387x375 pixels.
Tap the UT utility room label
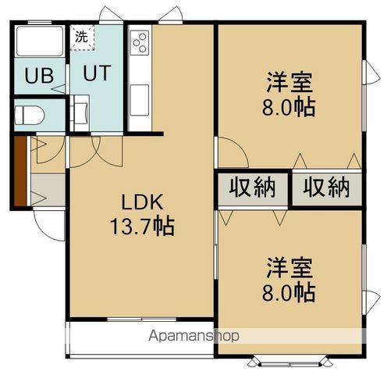pos(96,74)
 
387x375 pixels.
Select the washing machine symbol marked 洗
pos(81,36)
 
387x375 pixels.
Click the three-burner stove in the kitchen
pos(140,41)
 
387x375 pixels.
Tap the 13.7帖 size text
pos(141,227)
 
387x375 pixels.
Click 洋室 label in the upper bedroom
pos(289,80)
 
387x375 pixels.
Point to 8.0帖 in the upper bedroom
pos(289,106)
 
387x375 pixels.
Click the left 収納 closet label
pos(252,187)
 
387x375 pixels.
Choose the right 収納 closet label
pos(327,187)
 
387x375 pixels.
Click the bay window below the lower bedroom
pos(289,362)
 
